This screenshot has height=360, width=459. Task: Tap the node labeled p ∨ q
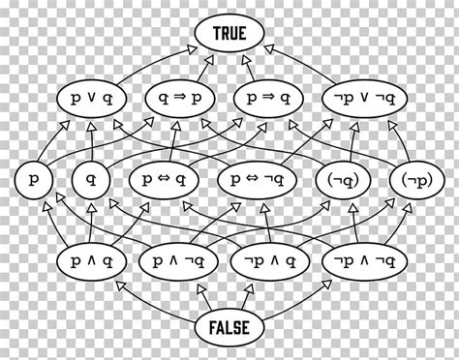point(94,98)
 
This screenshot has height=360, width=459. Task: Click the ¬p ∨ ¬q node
point(359,98)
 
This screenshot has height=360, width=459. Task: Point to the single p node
point(35,179)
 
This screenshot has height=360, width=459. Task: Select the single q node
point(89,179)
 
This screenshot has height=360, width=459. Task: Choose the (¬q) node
point(343,179)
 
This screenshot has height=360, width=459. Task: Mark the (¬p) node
point(410,179)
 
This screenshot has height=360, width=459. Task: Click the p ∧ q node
point(94,260)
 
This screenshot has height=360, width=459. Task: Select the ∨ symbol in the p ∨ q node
point(94,99)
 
